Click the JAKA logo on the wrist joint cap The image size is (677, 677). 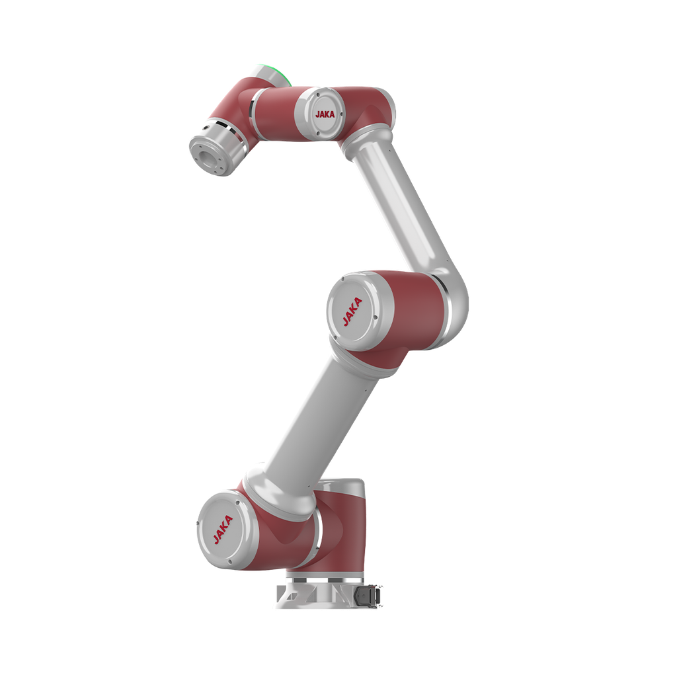point(325,114)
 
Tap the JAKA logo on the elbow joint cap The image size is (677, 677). point(352,311)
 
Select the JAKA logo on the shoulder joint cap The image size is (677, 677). point(223,529)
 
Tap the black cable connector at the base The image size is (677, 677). point(368,596)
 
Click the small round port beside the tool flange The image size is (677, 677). point(206,128)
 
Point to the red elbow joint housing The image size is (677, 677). point(410,309)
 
